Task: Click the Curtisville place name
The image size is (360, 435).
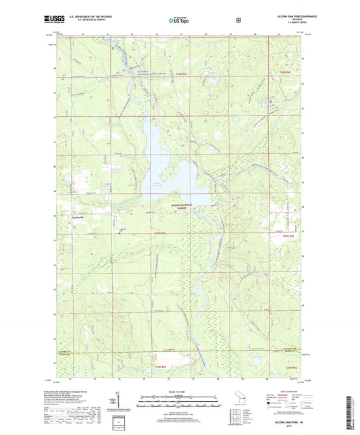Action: [x=81, y=217]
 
